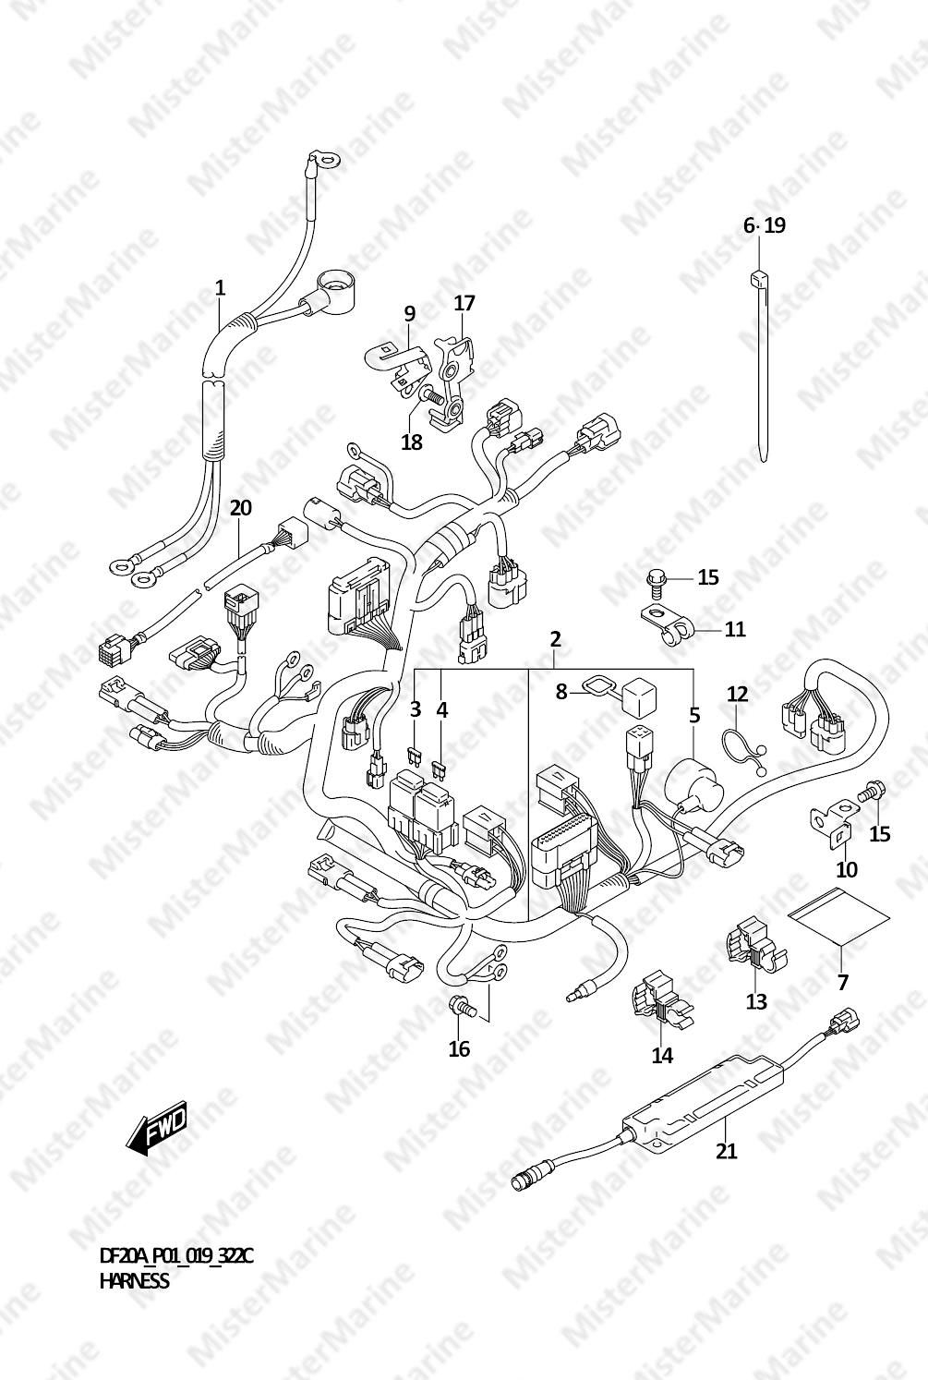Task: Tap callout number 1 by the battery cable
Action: point(220,287)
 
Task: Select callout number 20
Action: point(241,508)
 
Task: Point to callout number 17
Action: point(465,303)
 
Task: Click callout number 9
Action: point(409,313)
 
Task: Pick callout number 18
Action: point(412,442)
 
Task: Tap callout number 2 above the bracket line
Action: point(556,639)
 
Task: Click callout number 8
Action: point(561,692)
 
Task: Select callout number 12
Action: point(737,694)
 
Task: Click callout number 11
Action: point(735,629)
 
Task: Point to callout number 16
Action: point(459,1048)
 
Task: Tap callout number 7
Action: point(842,981)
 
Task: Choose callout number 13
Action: point(756,1001)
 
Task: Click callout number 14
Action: point(663,1056)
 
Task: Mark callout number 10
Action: point(848,869)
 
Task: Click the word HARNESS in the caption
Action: point(134,1281)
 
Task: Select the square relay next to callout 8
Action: point(640,697)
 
